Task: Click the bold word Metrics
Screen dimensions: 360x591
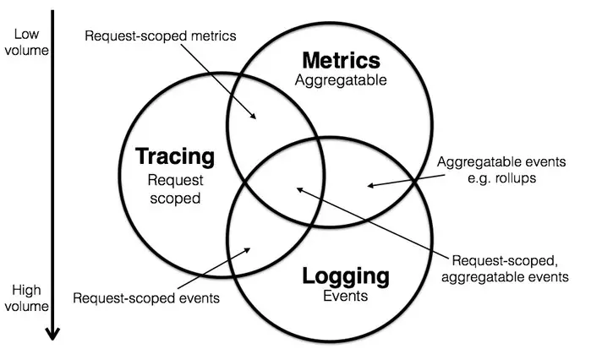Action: point(342,61)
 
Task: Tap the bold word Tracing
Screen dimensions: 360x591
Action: point(175,156)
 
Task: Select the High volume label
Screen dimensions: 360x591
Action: point(25,298)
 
